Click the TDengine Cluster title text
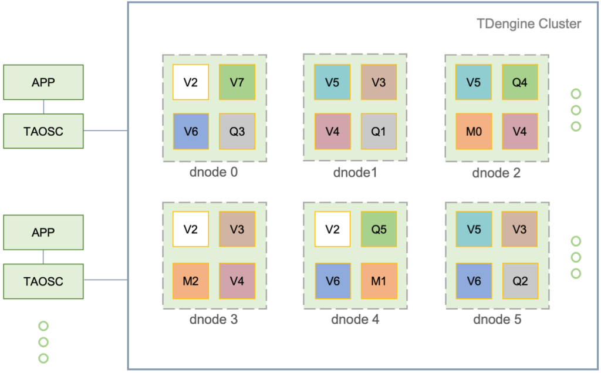coord(528,24)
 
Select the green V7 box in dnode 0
coord(237,82)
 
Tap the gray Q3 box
coord(237,131)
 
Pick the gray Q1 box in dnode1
coord(379,131)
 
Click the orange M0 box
coord(474,131)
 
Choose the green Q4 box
coord(520,82)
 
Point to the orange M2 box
coord(190,281)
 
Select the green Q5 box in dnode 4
coord(379,230)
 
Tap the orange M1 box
coord(379,281)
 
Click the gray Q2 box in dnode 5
coord(520,281)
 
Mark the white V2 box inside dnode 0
coord(191,82)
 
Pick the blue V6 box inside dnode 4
coord(332,281)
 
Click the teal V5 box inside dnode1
coord(332,82)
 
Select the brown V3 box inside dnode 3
coord(237,230)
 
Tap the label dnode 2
coord(497,173)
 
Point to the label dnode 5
coord(497,320)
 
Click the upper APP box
coord(43,82)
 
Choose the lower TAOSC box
coord(43,281)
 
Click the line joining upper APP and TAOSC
coord(43,106)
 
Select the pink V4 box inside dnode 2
coord(520,131)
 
